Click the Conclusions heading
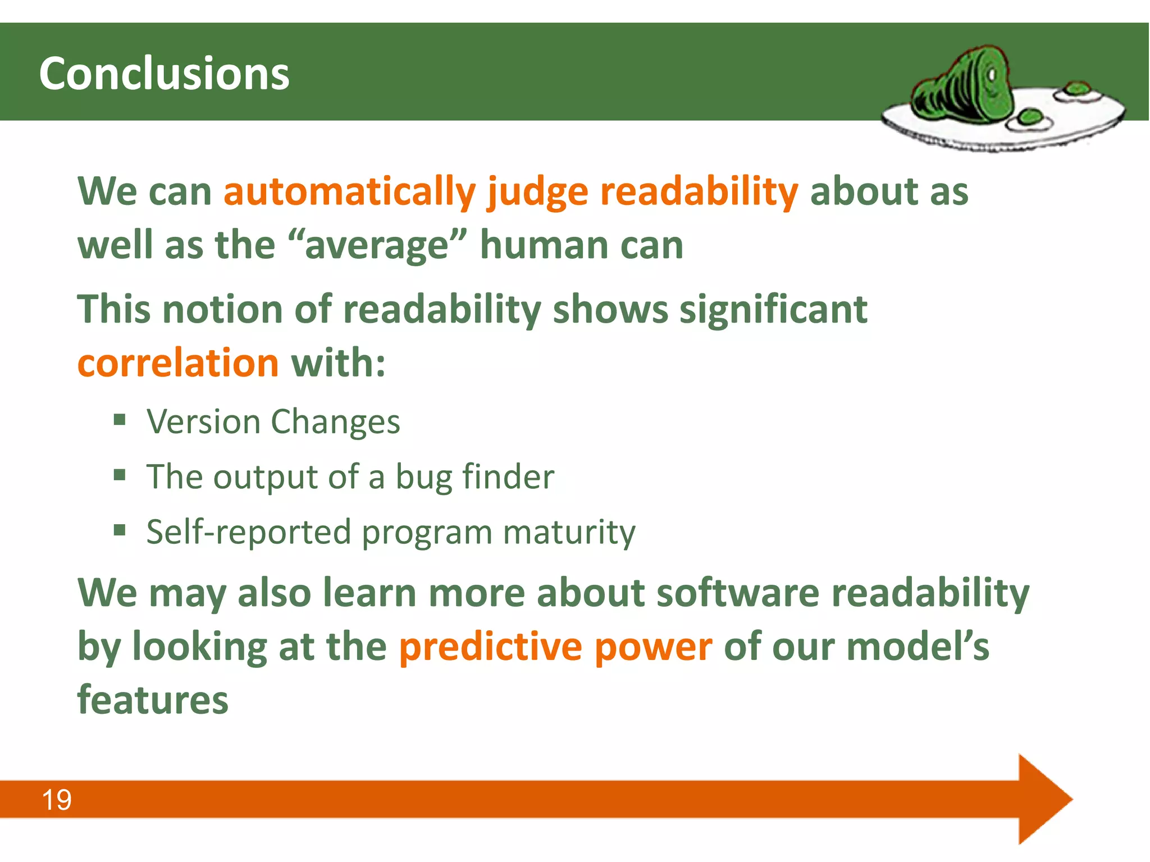(164, 74)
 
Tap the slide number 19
(57, 800)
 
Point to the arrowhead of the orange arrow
(1044, 799)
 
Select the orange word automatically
(349, 192)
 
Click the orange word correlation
(178, 363)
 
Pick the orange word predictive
(490, 647)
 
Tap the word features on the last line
(153, 700)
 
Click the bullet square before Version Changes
(119, 420)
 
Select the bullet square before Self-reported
(119, 530)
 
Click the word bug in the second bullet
(423, 478)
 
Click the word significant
(773, 310)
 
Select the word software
(737, 593)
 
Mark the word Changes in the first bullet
(335, 422)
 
